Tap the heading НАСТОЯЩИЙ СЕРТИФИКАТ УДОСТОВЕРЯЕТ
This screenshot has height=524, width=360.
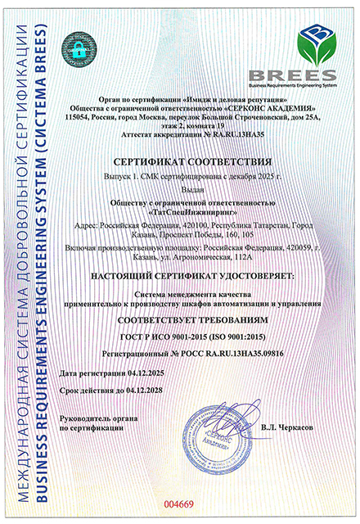click(202, 278)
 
